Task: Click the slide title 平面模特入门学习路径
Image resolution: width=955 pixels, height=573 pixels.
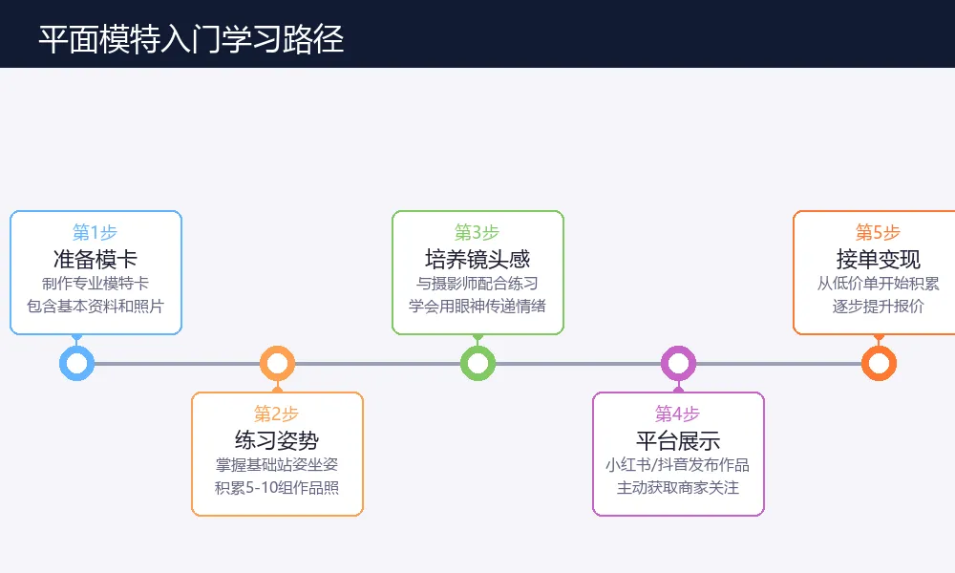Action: (x=191, y=39)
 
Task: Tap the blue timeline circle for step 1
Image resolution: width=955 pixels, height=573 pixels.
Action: (x=76, y=364)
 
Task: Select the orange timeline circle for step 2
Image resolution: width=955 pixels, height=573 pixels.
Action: (x=277, y=364)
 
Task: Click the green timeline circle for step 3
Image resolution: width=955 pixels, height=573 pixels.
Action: (x=477, y=364)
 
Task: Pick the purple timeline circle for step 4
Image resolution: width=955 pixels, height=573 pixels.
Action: (x=678, y=364)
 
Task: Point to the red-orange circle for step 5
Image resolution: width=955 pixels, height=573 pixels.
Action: (x=879, y=364)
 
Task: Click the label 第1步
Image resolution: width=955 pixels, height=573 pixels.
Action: (x=95, y=232)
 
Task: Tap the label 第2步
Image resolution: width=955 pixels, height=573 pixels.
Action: (x=277, y=414)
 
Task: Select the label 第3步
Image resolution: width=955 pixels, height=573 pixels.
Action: (x=477, y=232)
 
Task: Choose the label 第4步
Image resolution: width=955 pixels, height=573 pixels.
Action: (x=678, y=414)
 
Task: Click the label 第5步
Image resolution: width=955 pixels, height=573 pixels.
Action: (x=879, y=232)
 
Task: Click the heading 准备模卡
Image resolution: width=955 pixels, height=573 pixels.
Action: (x=95, y=259)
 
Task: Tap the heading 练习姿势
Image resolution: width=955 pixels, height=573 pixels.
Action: (x=277, y=440)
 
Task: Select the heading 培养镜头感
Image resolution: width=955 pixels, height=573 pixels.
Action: (x=477, y=259)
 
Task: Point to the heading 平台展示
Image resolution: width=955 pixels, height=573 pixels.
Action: (x=678, y=440)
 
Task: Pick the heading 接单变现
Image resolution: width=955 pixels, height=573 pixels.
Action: (x=879, y=259)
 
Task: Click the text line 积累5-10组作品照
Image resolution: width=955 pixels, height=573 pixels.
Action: (x=277, y=488)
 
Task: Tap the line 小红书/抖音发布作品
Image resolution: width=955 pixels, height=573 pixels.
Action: (x=678, y=465)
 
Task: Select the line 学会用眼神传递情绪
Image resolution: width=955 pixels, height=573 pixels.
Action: (x=477, y=307)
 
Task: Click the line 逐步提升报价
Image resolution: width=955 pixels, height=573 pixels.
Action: (x=879, y=307)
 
